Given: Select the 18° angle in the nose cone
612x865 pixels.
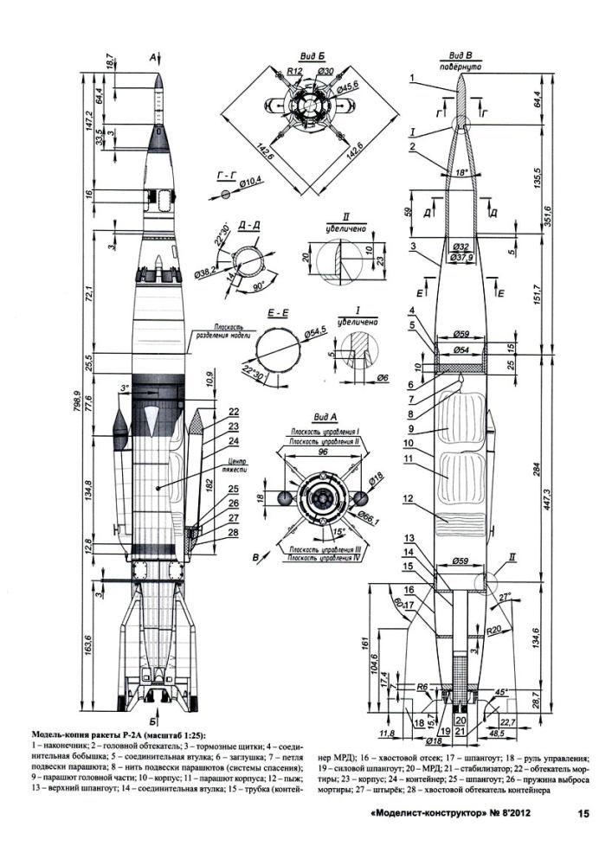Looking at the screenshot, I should click(461, 172).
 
